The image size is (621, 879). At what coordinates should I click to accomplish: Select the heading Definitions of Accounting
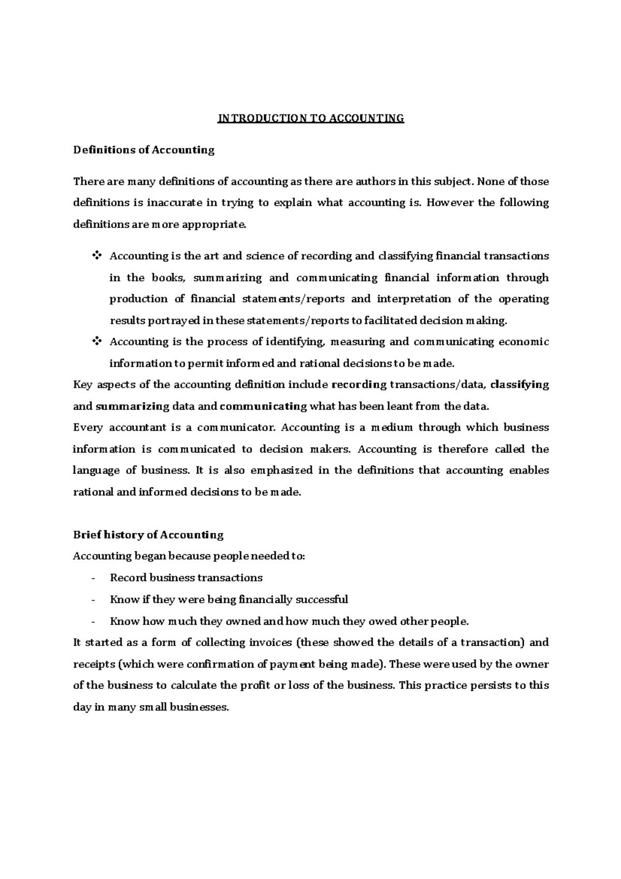point(143,150)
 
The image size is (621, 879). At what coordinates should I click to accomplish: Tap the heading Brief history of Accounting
point(148,535)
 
